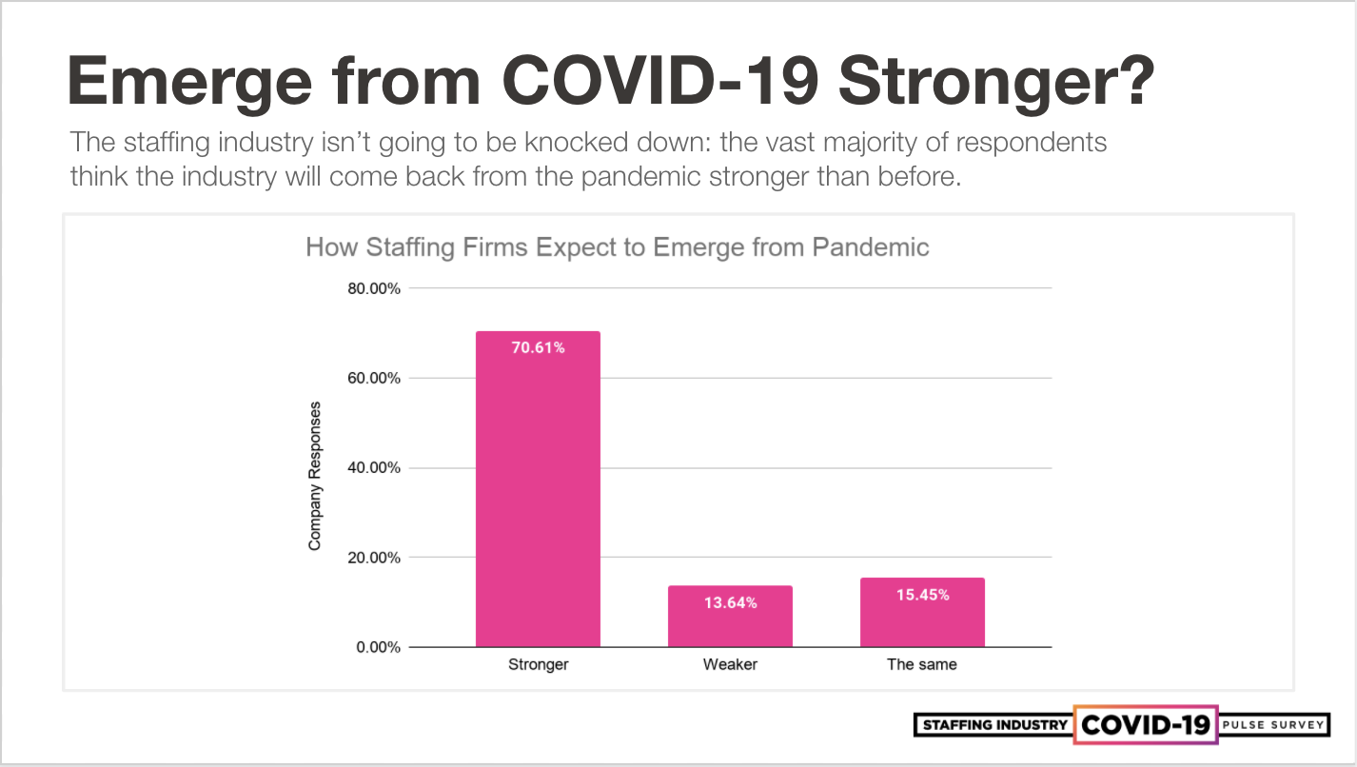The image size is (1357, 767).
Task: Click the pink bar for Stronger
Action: coord(538,495)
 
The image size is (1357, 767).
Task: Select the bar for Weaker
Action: coord(730,623)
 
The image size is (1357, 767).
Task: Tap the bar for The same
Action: coord(922,619)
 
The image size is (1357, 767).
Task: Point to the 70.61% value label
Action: coord(538,348)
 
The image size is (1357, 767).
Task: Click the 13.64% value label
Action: coord(730,602)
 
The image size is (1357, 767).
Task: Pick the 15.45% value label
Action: coord(922,595)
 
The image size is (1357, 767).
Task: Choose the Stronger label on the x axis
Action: coord(538,664)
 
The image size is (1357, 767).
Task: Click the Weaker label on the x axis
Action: coord(730,664)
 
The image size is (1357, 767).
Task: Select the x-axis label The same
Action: coord(922,664)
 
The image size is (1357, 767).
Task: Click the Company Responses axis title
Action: coord(315,476)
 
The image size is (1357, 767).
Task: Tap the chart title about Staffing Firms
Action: coord(617,248)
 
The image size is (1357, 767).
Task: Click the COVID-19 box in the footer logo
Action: coord(1146,725)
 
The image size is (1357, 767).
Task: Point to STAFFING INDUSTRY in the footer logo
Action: coord(993,725)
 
